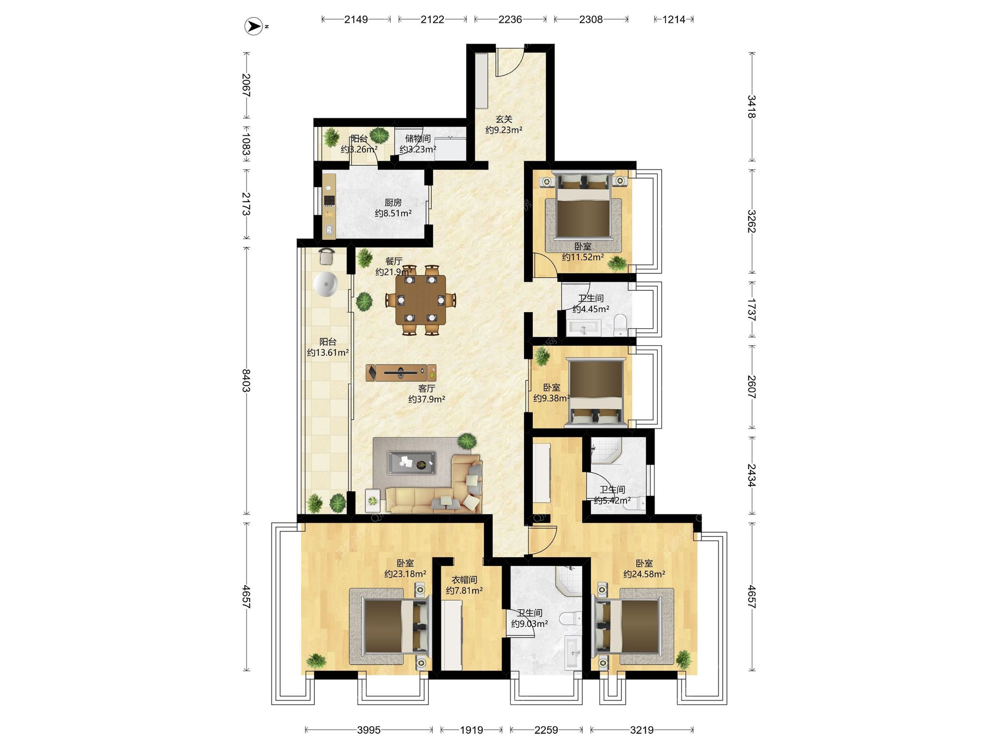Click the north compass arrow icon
pyautogui.click(x=253, y=26)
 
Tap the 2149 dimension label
pyautogui.click(x=356, y=19)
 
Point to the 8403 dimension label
pyautogui.click(x=246, y=381)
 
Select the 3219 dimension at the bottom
pyautogui.click(x=642, y=730)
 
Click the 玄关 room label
pyautogui.click(x=504, y=119)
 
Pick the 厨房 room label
pyautogui.click(x=393, y=202)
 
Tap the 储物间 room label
pyautogui.click(x=418, y=138)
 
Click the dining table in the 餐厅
pyautogui.click(x=421, y=300)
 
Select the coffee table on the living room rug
pyautogui.click(x=411, y=462)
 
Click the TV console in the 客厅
pyautogui.click(x=401, y=372)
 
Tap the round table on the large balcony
pyautogui.click(x=326, y=284)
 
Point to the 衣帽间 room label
pyautogui.click(x=464, y=579)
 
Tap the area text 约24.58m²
pyautogui.click(x=644, y=574)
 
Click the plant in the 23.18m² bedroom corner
pyautogui.click(x=316, y=661)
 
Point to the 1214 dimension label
pyautogui.click(x=674, y=19)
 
